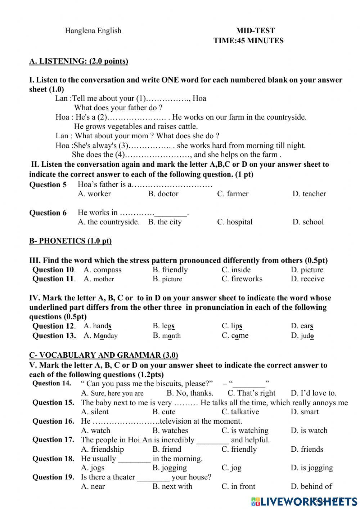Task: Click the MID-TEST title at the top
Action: (255, 31)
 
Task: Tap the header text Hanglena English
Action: (93, 31)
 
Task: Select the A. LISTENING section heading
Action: (78, 61)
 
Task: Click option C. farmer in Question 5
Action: (233, 194)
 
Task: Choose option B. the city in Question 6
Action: (165, 222)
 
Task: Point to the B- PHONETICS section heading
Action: (70, 241)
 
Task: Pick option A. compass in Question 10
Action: (102, 270)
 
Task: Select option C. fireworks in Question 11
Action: (242, 279)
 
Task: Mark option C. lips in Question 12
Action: (232, 326)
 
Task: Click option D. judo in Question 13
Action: (302, 336)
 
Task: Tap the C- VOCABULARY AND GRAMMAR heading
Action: (103, 355)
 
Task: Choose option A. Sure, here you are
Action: (112, 393)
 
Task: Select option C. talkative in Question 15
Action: (240, 412)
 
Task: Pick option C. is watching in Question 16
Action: (245, 430)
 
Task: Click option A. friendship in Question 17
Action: (102, 449)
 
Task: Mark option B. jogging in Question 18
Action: (170, 468)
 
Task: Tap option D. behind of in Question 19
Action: (311, 486)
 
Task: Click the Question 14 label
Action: (52, 383)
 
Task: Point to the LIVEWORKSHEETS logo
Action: (304, 501)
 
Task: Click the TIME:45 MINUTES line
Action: (248, 41)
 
